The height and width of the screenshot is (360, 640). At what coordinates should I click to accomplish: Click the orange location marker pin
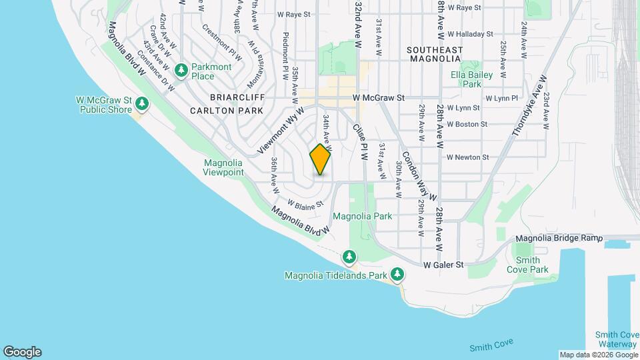(x=321, y=159)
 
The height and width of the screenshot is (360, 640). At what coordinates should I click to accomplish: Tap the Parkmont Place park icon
(x=181, y=70)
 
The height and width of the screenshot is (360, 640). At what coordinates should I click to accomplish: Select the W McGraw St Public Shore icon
(x=141, y=103)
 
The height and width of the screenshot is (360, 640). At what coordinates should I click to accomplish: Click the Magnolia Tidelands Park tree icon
(x=397, y=274)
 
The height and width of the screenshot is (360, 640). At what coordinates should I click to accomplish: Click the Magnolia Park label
(x=362, y=216)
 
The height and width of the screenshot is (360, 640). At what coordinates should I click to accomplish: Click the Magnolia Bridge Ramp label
(x=559, y=238)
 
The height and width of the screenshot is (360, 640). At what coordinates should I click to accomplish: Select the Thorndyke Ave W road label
(x=529, y=106)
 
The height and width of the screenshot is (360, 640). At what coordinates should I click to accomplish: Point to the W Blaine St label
(x=305, y=203)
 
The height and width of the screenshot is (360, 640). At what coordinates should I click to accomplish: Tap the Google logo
(x=22, y=352)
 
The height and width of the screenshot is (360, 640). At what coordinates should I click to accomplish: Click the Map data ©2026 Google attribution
(x=597, y=355)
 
